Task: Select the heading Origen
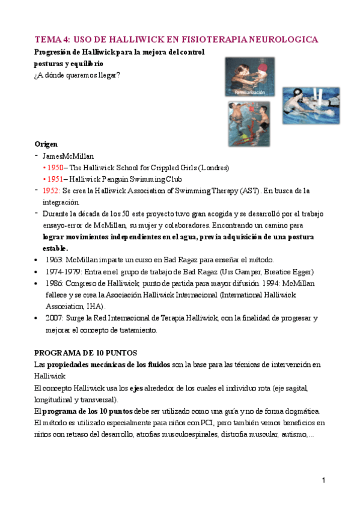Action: (46, 144)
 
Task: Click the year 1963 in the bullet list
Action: (55, 259)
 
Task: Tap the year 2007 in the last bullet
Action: (55, 318)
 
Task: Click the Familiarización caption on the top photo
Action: (249, 93)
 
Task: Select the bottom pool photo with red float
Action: (248, 124)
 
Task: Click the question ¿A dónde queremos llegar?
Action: (77, 76)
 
